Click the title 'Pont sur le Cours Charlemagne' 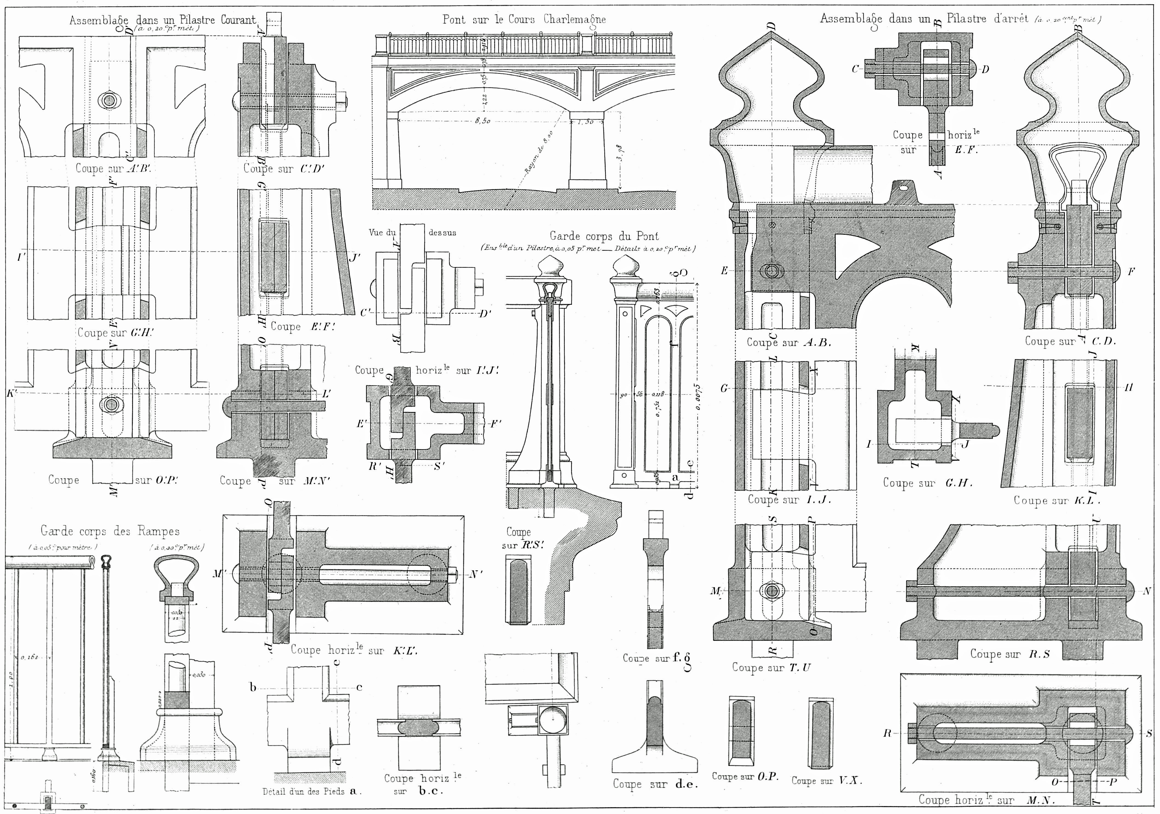524,20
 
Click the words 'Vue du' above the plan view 382,233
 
